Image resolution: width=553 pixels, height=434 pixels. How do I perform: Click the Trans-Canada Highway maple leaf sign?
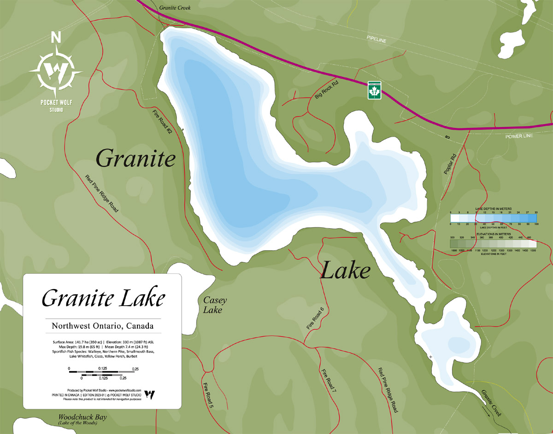374,90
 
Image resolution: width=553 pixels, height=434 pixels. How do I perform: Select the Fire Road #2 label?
162,121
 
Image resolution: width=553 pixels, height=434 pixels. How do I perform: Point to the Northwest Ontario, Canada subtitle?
103,326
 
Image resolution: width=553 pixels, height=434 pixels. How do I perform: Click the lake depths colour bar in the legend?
493,219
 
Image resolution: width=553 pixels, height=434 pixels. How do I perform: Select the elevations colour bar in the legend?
493,244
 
